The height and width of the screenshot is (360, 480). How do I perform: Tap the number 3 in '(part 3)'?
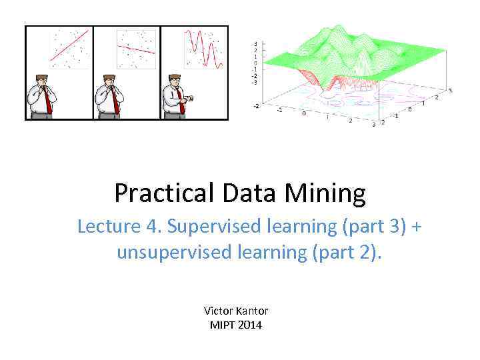pyautogui.click(x=398, y=227)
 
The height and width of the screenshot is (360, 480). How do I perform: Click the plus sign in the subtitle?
pyautogui.click(x=417, y=227)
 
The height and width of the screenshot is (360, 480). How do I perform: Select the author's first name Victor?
pyautogui.click(x=217, y=311)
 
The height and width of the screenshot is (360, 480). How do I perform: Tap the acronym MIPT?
pyautogui.click(x=223, y=325)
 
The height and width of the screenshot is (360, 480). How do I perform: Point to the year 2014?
pyautogui.click(x=251, y=325)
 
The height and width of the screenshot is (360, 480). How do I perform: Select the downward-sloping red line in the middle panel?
pyautogui.click(x=136, y=49)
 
